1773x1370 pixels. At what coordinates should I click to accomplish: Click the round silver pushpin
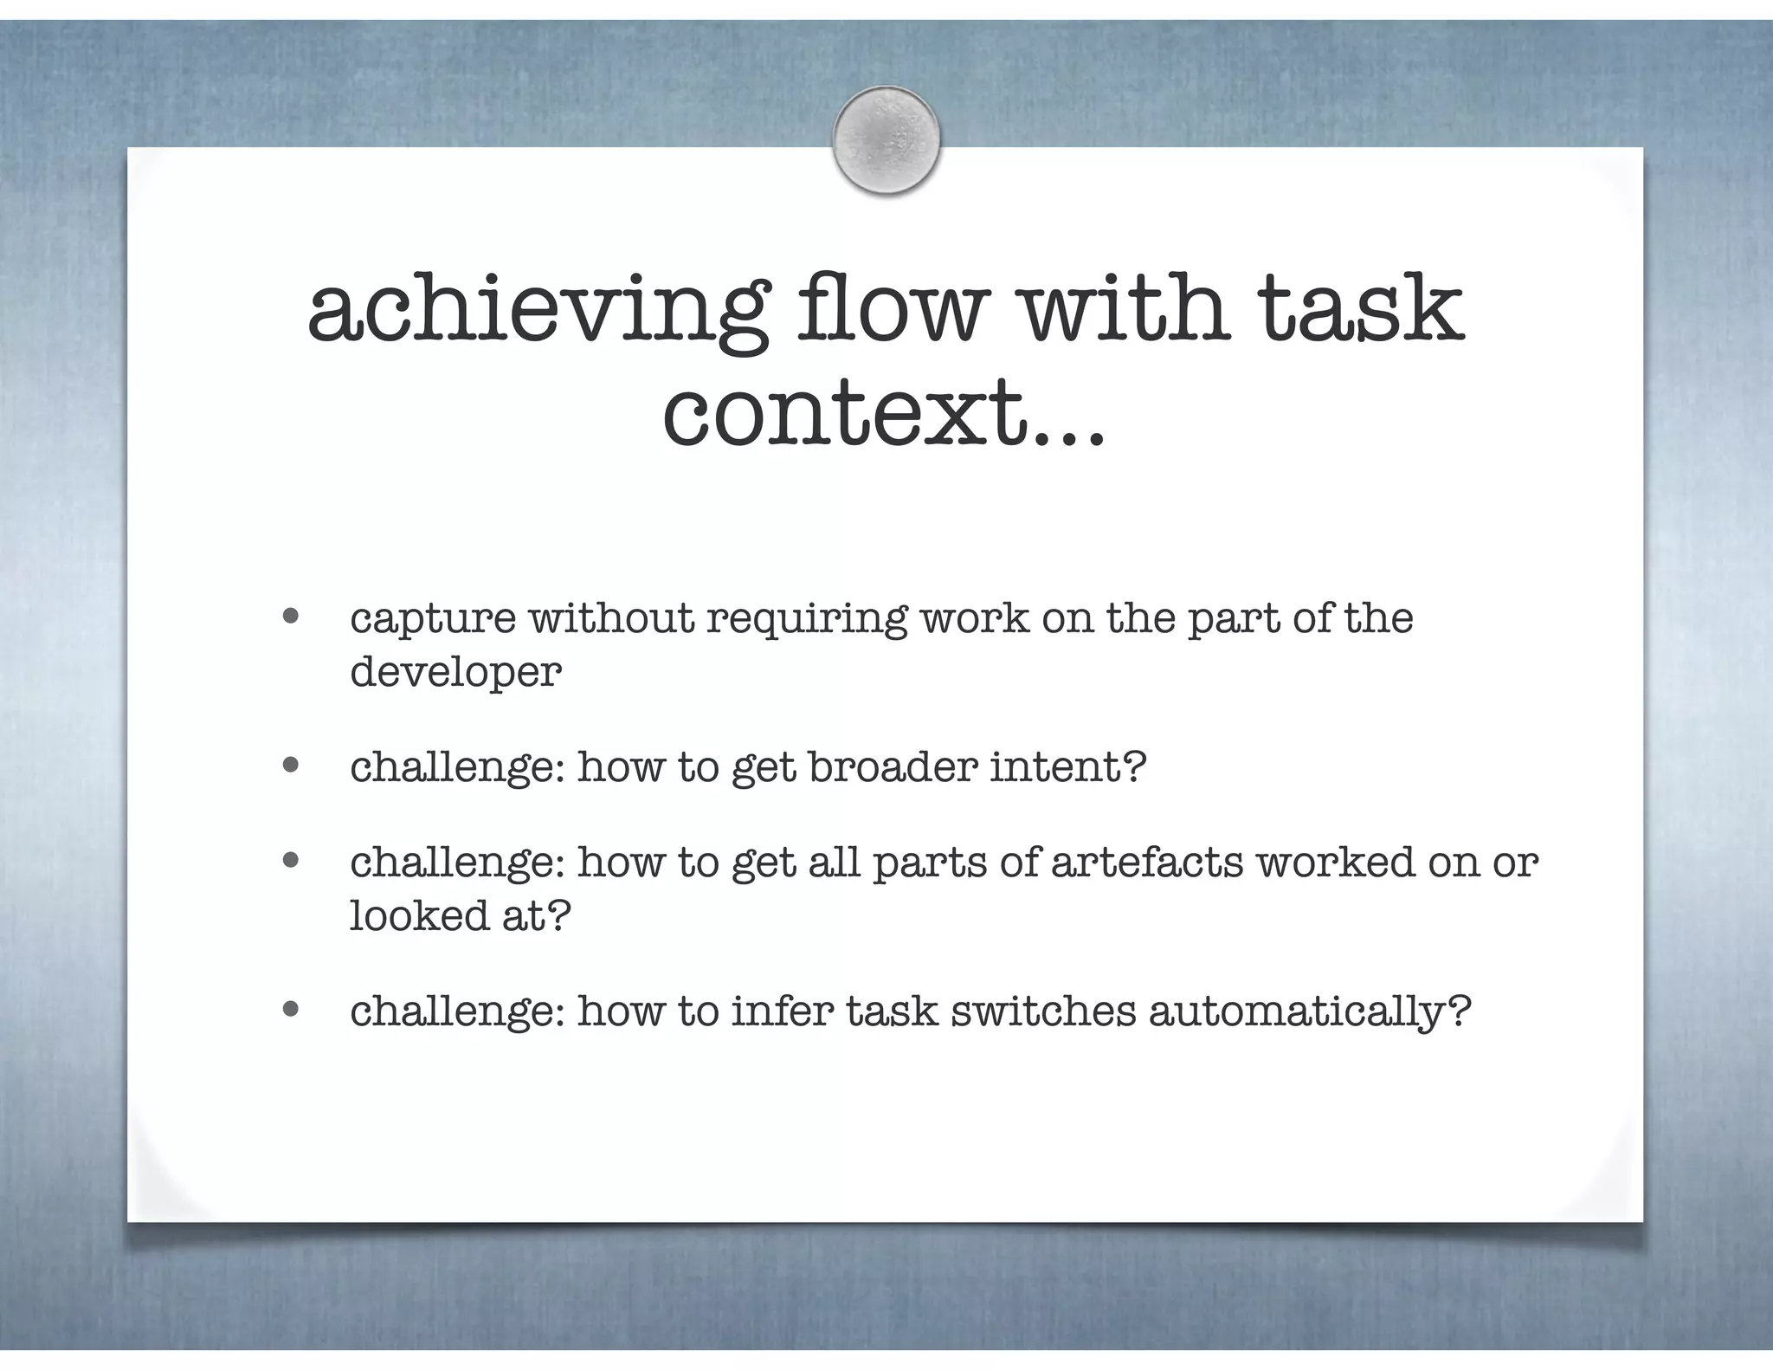[886, 140]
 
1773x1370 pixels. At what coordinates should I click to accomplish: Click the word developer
[455, 671]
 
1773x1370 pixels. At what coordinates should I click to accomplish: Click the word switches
[1042, 1011]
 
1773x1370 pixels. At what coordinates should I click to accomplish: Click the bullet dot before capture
[291, 617]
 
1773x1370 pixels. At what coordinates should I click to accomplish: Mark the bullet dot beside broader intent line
[291, 765]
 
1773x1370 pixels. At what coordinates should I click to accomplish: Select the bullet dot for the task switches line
[291, 1008]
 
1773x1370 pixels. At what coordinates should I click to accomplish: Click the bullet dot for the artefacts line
[291, 861]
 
